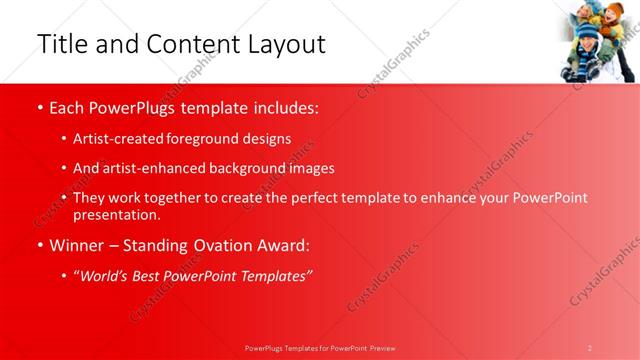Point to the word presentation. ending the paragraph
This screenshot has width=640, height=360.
[116, 214]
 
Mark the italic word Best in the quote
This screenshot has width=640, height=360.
[148, 276]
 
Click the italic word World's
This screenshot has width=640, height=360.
[106, 276]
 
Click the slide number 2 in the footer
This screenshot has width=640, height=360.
[590, 348]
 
